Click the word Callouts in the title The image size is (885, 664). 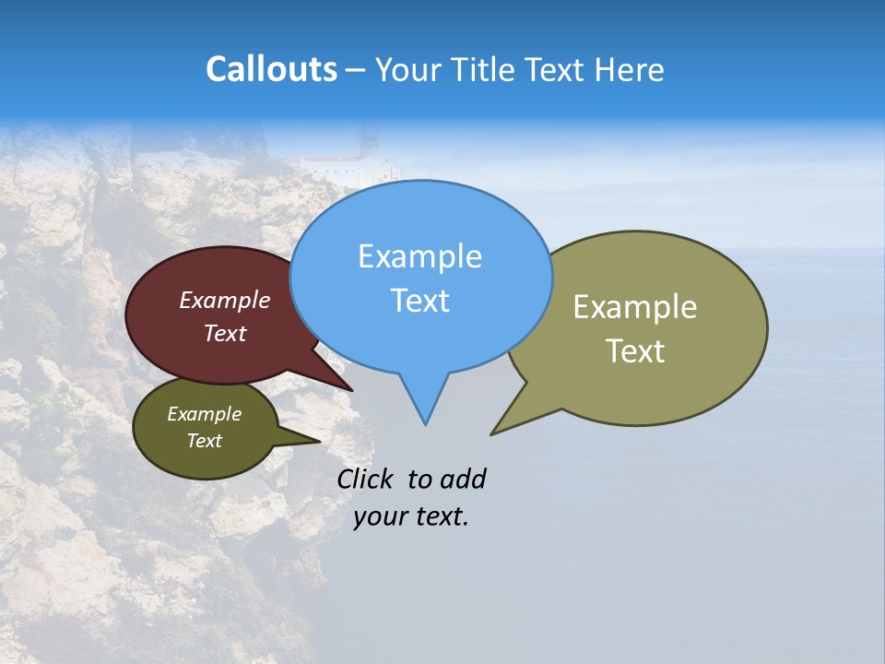271,69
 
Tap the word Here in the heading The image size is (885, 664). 631,69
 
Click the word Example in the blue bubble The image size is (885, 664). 419,256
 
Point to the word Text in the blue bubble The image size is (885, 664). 419,301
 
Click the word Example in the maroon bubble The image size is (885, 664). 225,300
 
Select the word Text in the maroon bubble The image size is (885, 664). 225,333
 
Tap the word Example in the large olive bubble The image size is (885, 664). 635,307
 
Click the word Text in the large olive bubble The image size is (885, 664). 635,351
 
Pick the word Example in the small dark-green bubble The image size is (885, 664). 204,414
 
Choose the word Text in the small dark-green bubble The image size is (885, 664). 204,441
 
